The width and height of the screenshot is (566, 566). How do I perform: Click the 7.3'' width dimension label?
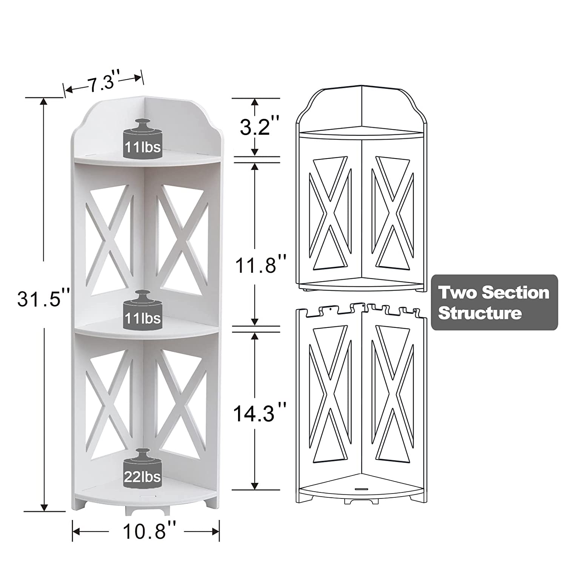point(102,82)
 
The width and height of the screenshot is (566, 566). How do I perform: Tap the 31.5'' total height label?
point(44,301)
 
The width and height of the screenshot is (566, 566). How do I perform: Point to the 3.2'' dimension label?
point(255,127)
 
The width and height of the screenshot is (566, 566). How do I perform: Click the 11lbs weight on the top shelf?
point(143,139)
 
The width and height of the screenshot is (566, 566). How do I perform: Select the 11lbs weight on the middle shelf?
point(143,310)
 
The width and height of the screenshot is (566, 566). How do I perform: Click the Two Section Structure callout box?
point(494,303)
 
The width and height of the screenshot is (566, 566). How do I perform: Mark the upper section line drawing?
point(361,189)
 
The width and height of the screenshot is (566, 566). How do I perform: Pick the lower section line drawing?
point(361,404)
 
